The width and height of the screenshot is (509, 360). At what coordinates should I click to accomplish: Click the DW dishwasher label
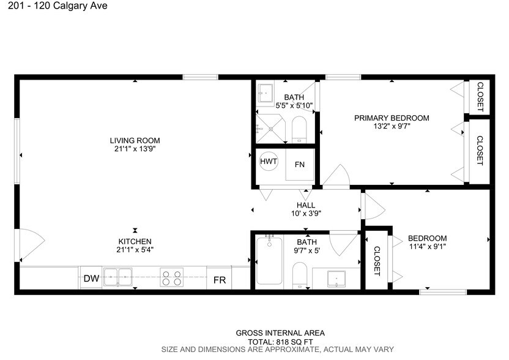point(91,279)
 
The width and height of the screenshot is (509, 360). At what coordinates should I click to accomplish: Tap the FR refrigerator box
point(220,280)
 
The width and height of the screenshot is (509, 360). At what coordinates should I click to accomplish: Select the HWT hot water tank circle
point(269,162)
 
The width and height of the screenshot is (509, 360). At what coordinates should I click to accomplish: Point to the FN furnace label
point(300,165)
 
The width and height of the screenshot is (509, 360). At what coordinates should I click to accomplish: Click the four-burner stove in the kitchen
point(171,278)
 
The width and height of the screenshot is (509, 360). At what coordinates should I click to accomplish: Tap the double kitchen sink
point(118,277)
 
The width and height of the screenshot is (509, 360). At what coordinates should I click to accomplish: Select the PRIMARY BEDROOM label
point(392,118)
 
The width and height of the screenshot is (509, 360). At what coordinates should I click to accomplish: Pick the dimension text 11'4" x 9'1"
point(427,247)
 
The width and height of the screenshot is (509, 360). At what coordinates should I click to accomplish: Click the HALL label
point(306,206)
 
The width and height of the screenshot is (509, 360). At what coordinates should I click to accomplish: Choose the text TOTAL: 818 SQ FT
point(280,341)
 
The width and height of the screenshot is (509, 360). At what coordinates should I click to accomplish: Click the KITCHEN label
point(135,241)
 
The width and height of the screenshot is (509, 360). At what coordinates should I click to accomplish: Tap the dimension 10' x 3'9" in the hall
point(306,214)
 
